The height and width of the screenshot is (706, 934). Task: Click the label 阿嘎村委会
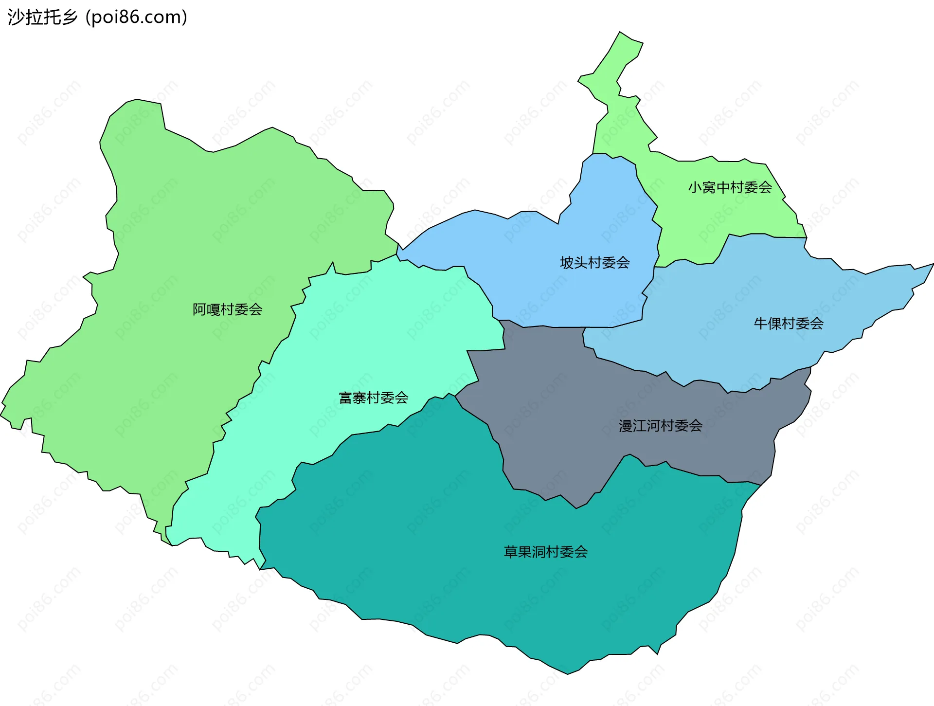point(227,309)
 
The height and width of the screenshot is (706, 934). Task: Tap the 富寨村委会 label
point(373,398)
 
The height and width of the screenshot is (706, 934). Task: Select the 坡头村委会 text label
point(594,263)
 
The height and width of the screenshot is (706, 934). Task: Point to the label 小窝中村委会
point(730,187)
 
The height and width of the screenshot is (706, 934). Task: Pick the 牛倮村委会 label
point(789,324)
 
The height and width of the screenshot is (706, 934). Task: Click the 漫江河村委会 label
point(660,426)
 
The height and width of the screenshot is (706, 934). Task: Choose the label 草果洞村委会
point(545,552)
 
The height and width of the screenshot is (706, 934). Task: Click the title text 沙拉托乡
point(43,17)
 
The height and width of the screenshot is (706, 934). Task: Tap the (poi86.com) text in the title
point(136,17)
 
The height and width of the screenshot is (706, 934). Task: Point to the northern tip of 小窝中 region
point(620,33)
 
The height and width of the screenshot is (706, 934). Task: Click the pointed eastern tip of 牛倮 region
point(933,264)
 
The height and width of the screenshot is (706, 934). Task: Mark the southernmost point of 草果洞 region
point(568,673)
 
